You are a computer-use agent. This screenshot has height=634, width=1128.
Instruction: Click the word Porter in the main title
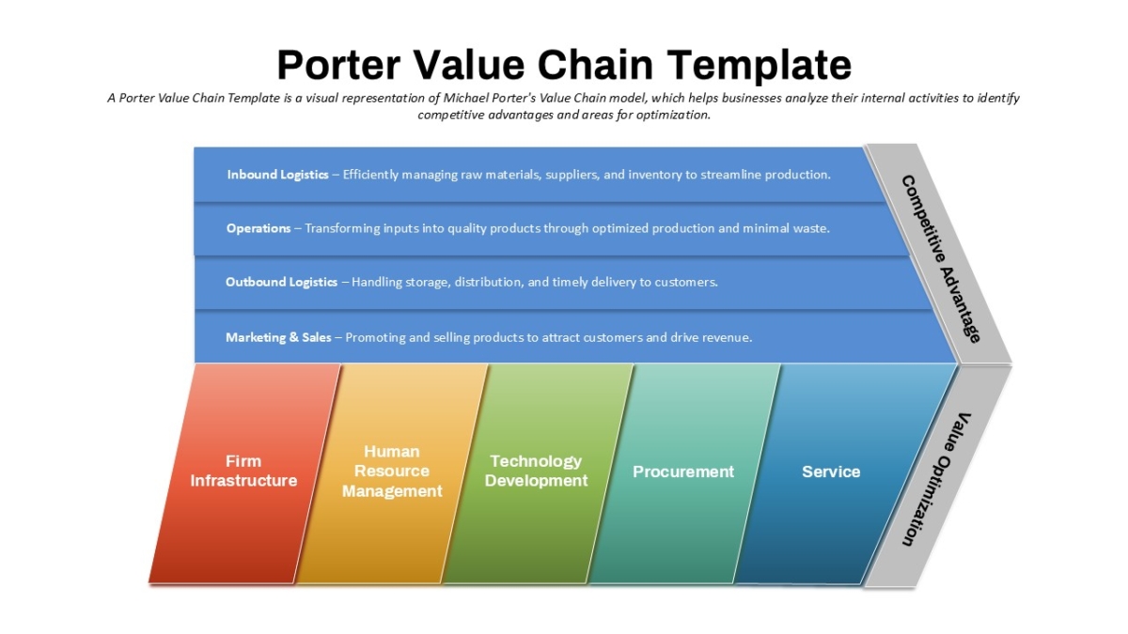point(339,65)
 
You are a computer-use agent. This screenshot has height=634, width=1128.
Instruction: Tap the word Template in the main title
point(760,66)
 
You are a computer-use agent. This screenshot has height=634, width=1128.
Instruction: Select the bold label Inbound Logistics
point(277,175)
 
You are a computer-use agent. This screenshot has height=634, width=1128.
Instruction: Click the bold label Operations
point(258,228)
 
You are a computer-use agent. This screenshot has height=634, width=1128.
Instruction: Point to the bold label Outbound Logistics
point(281,282)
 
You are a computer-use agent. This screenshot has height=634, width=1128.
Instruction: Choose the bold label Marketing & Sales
point(278,337)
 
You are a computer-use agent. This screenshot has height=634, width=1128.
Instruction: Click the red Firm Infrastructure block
point(244,473)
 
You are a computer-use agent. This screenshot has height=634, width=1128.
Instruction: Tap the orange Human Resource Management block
point(392,473)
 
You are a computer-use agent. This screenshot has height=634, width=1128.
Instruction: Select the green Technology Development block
point(537,473)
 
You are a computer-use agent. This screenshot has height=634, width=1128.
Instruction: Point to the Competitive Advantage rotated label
point(941,259)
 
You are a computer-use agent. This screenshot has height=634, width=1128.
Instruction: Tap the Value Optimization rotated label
point(937,480)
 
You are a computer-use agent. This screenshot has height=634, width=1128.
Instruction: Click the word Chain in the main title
point(595,65)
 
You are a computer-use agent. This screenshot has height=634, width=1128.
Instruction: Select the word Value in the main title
point(469,65)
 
